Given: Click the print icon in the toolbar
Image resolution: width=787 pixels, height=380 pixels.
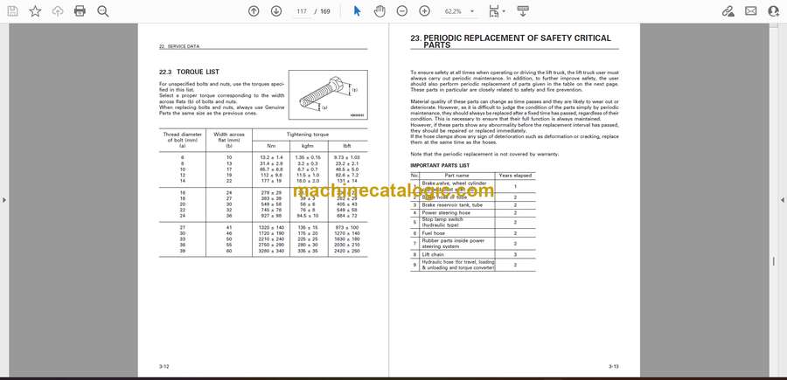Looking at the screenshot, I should point(80,11).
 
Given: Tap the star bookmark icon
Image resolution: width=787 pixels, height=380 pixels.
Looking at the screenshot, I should point(35,11).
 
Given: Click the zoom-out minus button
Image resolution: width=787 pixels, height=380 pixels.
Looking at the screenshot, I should point(402,11).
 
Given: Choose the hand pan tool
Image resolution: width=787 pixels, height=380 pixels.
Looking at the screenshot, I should point(380,11).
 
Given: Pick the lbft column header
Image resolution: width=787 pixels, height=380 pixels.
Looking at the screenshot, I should point(346,145).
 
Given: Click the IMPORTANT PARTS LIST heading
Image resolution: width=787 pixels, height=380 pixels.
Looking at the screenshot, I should point(440,165).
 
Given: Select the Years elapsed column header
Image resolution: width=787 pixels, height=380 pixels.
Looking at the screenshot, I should point(515,175).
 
